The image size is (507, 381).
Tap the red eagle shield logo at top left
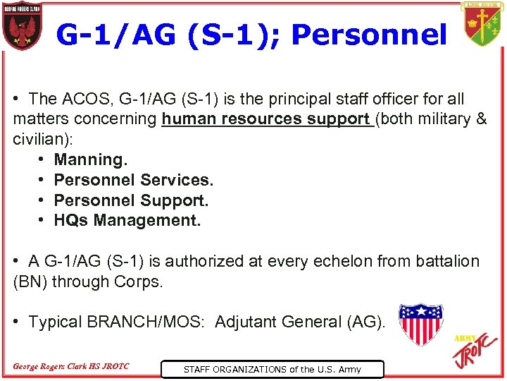(x=22, y=28)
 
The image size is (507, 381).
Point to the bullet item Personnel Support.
(x=131, y=200)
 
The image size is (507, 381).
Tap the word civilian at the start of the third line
(x=42, y=139)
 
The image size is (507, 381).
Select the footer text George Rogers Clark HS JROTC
(x=71, y=366)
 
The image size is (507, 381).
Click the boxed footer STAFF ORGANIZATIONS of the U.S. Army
(x=272, y=369)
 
